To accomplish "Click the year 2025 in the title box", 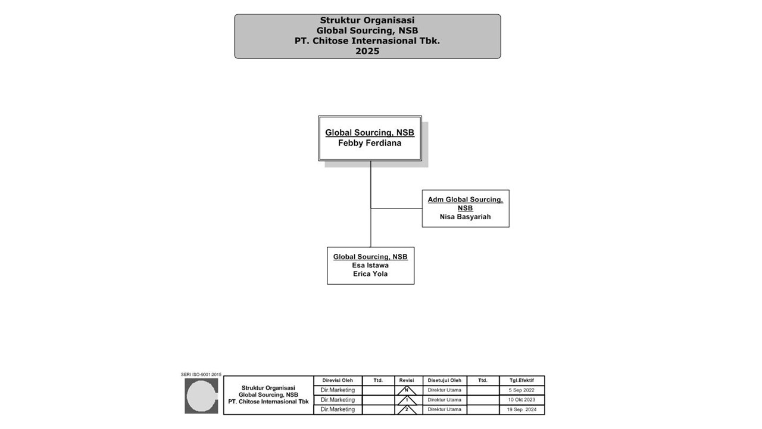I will pos(367,51).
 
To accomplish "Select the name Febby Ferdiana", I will pos(370,143).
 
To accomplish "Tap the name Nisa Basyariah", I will pos(466,217).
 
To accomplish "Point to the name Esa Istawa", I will pos(370,265).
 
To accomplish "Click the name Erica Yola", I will pos(370,274).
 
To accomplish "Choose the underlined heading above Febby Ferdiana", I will pos(370,133).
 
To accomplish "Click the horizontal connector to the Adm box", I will pos(396,209).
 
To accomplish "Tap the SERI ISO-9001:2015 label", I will pos(201,375).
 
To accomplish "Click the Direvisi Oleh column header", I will pos(338,380).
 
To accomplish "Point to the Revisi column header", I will pos(407,380).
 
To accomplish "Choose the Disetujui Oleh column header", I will pos(445,380).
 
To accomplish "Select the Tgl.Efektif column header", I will pos(521,380).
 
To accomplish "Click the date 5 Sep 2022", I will pos(521,390).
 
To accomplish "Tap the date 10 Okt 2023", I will pos(521,400).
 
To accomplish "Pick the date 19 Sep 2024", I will pos(521,410).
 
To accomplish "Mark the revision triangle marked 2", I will pos(407,410).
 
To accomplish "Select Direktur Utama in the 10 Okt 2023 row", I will pos(445,400).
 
